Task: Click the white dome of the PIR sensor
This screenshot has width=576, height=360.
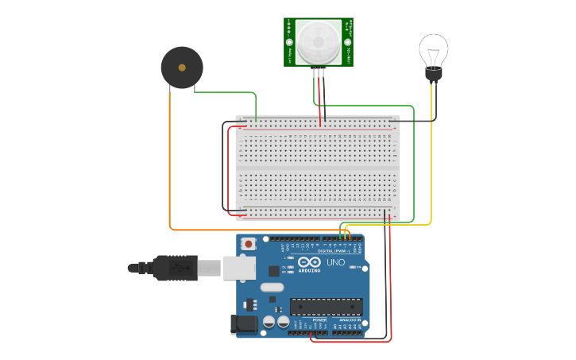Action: pos(319,39)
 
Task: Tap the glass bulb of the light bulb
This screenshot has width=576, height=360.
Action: pos(433,50)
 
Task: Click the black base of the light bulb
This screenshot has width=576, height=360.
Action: pos(433,75)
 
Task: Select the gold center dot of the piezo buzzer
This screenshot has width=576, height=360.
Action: pos(182,67)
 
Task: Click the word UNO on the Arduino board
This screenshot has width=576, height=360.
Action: pos(335,262)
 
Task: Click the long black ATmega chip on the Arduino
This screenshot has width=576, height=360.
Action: pos(327,306)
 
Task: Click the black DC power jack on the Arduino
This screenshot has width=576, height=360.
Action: pos(244,323)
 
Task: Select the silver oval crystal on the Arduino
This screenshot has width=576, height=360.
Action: pos(271,288)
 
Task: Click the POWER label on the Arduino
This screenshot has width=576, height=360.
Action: pos(307,319)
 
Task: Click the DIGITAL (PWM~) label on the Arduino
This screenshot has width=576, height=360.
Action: pos(333,250)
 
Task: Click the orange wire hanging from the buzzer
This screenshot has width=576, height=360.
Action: pos(169,159)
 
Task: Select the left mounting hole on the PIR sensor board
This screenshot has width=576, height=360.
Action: pos(290,42)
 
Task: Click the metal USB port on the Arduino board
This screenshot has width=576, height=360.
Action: pos(239,268)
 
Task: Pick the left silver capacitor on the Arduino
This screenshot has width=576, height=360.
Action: pos(269,322)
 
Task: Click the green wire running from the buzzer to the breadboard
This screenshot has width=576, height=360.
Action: pos(226,92)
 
